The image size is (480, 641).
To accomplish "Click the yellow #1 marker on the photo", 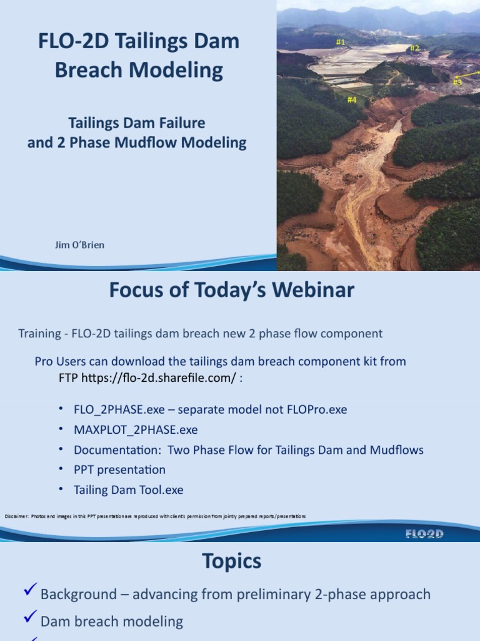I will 341,42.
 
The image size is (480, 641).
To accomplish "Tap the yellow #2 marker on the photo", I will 414,48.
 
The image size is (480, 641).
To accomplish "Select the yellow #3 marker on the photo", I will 457,81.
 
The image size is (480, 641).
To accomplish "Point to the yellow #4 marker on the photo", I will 352,99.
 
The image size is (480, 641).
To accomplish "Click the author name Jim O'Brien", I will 80,245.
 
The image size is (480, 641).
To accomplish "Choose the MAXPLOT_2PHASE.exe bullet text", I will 136,429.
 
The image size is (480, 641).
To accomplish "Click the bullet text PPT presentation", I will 119,469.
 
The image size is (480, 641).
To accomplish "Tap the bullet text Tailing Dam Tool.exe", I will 129,490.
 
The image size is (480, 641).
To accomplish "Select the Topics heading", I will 232,562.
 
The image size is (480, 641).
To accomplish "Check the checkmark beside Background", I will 29,590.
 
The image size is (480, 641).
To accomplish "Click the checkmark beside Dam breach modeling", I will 29,618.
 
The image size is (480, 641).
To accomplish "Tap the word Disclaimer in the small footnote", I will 17,516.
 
